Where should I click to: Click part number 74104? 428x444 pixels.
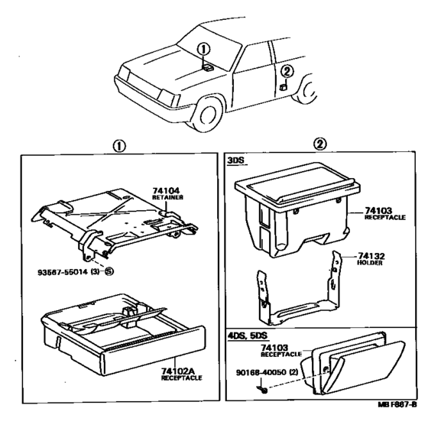pos(166,190)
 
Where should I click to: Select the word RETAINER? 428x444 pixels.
pos(167,197)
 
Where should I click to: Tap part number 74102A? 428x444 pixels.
pos(178,371)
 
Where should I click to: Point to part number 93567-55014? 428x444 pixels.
pos(63,272)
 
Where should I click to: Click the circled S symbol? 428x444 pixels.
pos(109,271)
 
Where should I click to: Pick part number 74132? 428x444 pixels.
pos(371,256)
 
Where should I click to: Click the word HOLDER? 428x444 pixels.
pos(370,263)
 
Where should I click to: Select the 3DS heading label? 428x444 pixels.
pos(235,160)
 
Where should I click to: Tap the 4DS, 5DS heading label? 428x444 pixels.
pos(248,335)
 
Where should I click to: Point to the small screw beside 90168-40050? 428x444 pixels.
pos(262,390)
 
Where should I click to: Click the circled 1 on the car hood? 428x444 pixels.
pos(203,50)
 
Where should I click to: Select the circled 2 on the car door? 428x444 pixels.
pos(287,71)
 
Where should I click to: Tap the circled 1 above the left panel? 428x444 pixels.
pos(119,147)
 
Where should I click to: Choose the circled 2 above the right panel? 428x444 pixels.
pos(319,144)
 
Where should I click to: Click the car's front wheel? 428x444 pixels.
pos(209,115)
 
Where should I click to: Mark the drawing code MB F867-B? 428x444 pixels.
pos(397,404)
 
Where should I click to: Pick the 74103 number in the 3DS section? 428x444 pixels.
pos(378,210)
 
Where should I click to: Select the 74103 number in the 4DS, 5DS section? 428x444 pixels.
pos(274,348)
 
